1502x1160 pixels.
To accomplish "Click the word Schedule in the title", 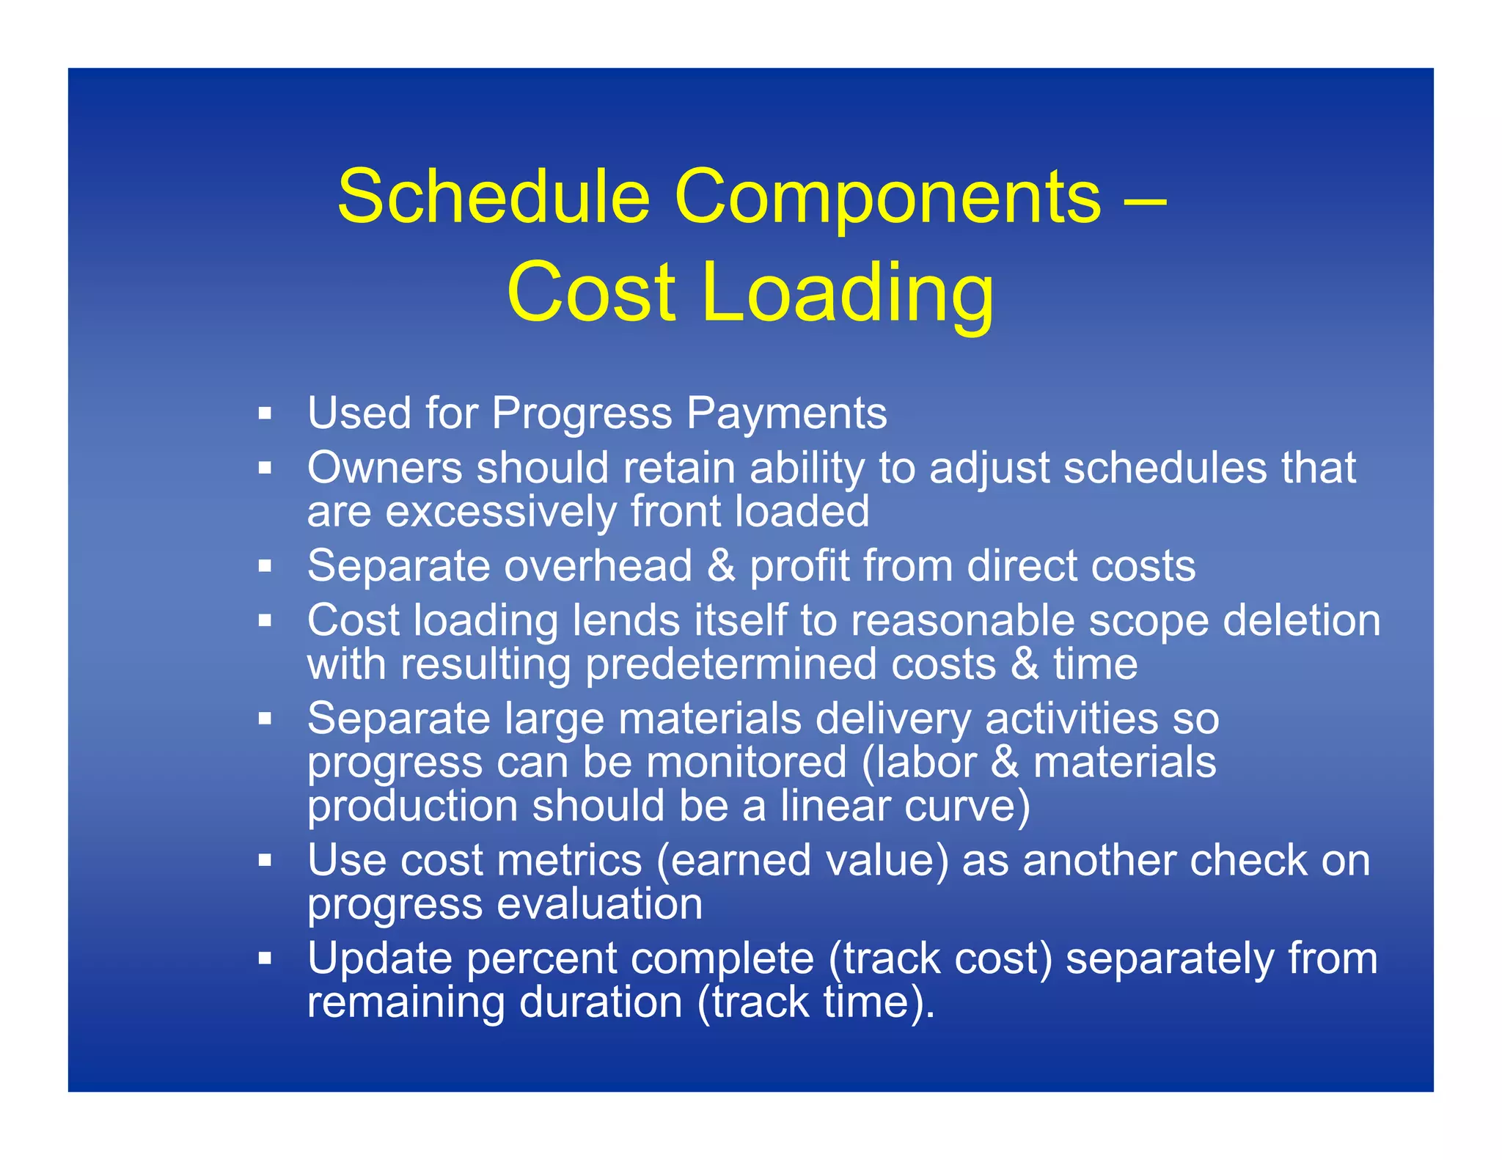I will pyautogui.click(x=493, y=197).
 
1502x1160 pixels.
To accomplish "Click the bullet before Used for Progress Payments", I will pyautogui.click(x=265, y=414).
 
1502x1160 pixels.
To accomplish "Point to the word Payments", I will pyautogui.click(x=786, y=413).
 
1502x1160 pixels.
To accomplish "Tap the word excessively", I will pyautogui.click(x=500, y=511).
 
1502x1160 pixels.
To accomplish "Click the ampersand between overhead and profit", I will pyautogui.click(x=721, y=566).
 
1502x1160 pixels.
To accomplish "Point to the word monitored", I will pyautogui.click(x=746, y=763).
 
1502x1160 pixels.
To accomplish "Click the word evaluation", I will pyautogui.click(x=599, y=903).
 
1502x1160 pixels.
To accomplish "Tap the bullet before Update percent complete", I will pyautogui.click(x=265, y=958).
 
